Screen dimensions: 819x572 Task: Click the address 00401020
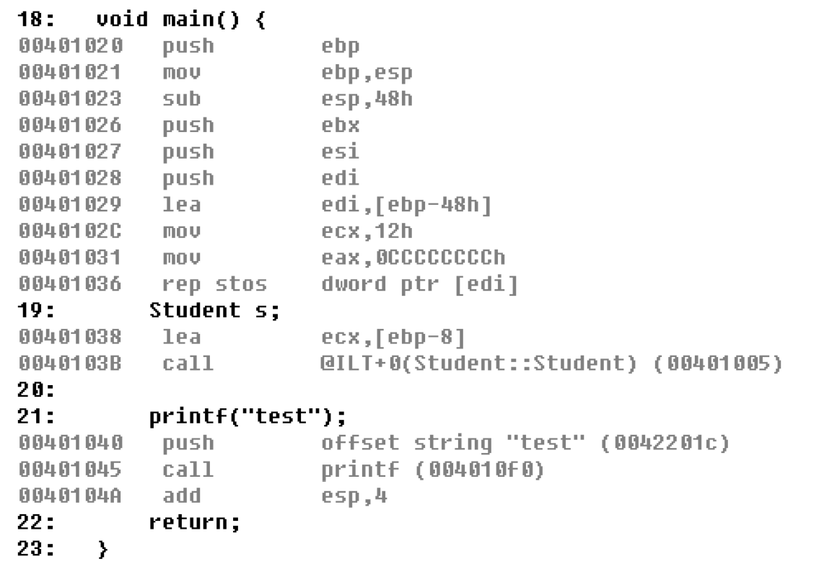(71, 46)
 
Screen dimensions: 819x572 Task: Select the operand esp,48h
(367, 99)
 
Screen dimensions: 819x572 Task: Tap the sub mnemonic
(182, 99)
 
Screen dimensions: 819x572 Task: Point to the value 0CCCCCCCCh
(414, 258)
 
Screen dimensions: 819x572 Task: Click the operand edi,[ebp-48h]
(406, 205)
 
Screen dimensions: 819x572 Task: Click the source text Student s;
(214, 310)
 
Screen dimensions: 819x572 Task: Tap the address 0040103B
(71, 363)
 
